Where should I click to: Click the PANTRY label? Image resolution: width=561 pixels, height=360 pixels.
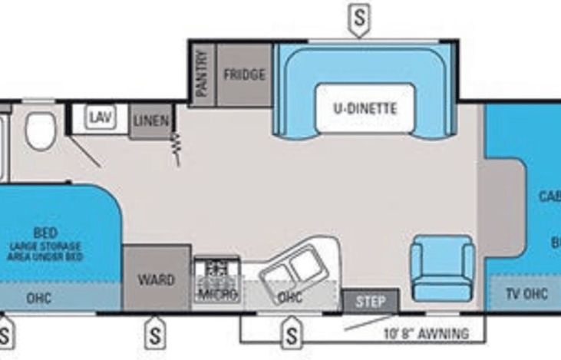coord(202,74)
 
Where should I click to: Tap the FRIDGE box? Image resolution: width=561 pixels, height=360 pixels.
coord(244,74)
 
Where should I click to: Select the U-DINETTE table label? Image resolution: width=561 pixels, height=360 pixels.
coord(365,108)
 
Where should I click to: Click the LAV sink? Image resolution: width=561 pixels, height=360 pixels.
coord(100,117)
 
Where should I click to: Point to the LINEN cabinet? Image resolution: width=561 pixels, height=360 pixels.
coord(150,121)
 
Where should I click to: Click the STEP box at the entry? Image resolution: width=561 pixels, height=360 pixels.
coord(371,301)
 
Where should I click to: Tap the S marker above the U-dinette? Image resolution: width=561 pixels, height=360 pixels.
coord(358,18)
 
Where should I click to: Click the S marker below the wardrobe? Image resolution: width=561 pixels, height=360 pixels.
coord(155,334)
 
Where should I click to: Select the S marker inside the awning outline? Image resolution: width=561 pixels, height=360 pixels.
coord(292,334)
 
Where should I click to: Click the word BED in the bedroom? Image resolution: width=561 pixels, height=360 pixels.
coord(45,233)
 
